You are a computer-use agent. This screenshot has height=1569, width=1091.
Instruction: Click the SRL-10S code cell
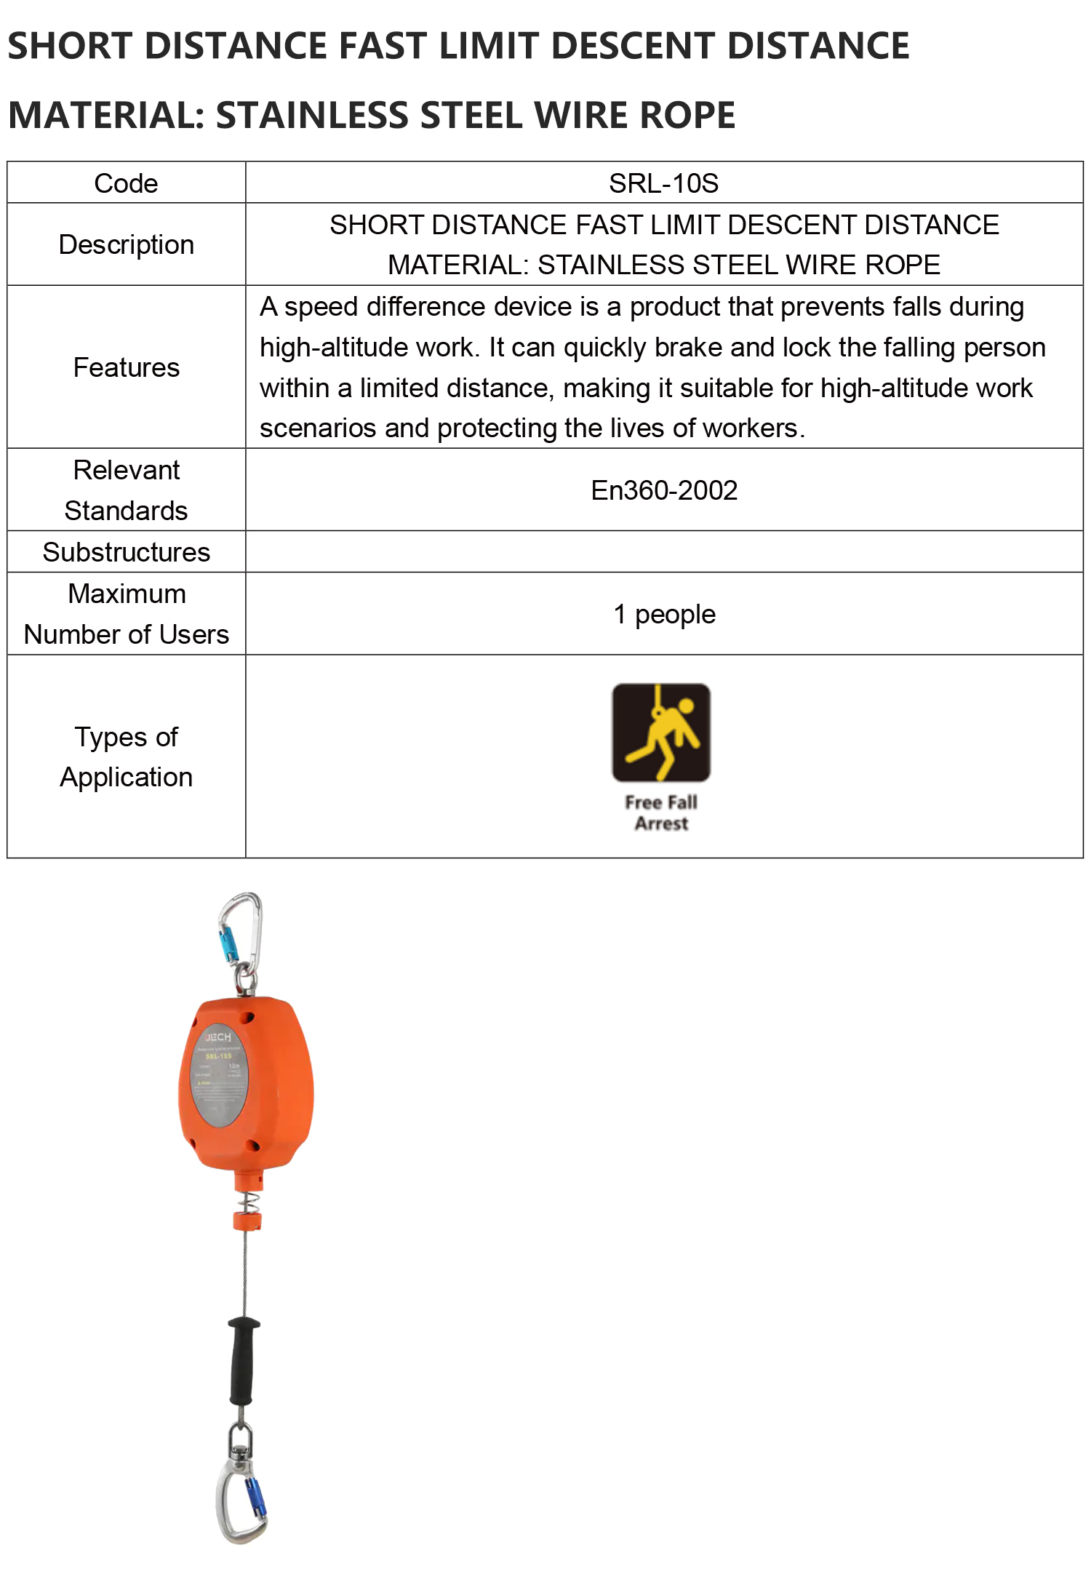pyautogui.click(x=663, y=183)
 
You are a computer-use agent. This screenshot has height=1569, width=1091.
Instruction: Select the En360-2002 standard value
pyautogui.click(x=663, y=490)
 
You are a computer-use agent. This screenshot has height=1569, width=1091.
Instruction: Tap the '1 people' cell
pyautogui.click(x=664, y=614)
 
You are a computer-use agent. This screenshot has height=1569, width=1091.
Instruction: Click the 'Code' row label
pyautogui.click(x=126, y=183)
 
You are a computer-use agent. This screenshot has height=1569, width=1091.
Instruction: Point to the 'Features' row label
pyautogui.click(x=126, y=367)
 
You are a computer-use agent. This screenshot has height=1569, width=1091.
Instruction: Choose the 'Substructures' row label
pyautogui.click(x=126, y=552)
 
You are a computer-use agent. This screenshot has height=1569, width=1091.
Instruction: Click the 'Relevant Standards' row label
pyautogui.click(x=126, y=490)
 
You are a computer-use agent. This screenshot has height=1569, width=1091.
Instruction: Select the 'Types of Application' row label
pyautogui.click(x=126, y=756)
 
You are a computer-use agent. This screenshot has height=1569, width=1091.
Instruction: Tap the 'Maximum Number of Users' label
pyautogui.click(x=126, y=614)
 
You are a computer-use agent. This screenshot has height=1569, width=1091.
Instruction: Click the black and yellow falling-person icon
pyautogui.click(x=661, y=732)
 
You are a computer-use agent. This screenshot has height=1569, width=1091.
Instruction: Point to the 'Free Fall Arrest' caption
pyautogui.click(x=661, y=813)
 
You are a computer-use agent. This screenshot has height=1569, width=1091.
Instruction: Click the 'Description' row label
pyautogui.click(x=126, y=244)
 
